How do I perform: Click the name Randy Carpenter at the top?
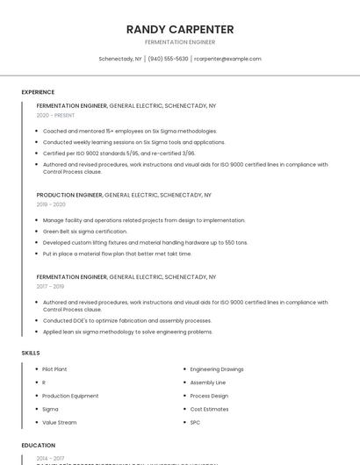click(179, 29)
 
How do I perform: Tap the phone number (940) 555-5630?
click(168, 59)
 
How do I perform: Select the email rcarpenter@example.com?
click(227, 59)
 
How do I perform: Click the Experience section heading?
click(38, 92)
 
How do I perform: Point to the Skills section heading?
click(31, 353)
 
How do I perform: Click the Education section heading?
click(39, 445)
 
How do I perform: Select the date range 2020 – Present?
click(55, 115)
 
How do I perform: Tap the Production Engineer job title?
click(69, 195)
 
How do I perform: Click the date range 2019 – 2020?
click(51, 204)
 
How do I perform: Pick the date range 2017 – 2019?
click(50, 286)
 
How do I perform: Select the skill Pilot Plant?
click(54, 369)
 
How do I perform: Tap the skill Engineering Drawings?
click(216, 369)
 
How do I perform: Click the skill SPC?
click(195, 422)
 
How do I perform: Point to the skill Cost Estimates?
click(208, 409)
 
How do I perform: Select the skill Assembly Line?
click(207, 383)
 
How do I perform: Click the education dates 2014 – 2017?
click(50, 458)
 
